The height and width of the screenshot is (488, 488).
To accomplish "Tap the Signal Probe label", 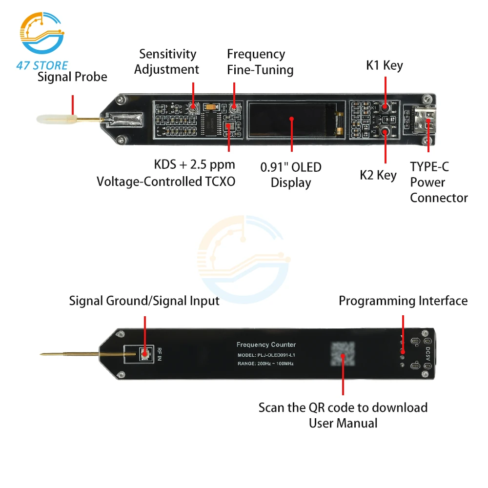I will click(72, 77).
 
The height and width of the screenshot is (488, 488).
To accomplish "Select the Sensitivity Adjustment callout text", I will click(167, 61).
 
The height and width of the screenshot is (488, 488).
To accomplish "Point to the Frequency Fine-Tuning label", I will click(260, 62).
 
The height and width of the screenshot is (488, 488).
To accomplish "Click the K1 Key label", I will click(385, 65).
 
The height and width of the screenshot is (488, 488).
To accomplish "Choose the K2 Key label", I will click(378, 175).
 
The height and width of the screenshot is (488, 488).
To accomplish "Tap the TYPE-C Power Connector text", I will click(439, 182).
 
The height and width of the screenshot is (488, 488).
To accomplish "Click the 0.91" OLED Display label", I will click(291, 175).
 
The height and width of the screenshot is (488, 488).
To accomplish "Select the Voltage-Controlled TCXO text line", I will click(166, 182).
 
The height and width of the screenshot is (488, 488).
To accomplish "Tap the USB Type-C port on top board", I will click(421, 119).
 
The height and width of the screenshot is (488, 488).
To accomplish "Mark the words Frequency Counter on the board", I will click(266, 345).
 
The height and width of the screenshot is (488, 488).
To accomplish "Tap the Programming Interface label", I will click(403, 301).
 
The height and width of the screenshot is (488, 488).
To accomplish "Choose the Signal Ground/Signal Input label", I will click(144, 301).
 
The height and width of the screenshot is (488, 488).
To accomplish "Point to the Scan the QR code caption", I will click(343, 407).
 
